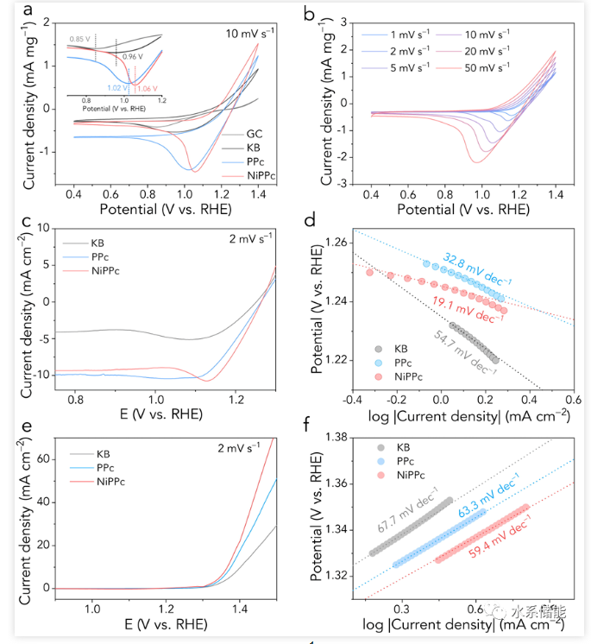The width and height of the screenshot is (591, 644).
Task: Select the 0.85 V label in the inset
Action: (80, 39)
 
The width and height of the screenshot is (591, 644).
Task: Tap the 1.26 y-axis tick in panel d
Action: (334, 243)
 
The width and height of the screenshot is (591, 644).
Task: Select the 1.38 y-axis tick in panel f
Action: (334, 438)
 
